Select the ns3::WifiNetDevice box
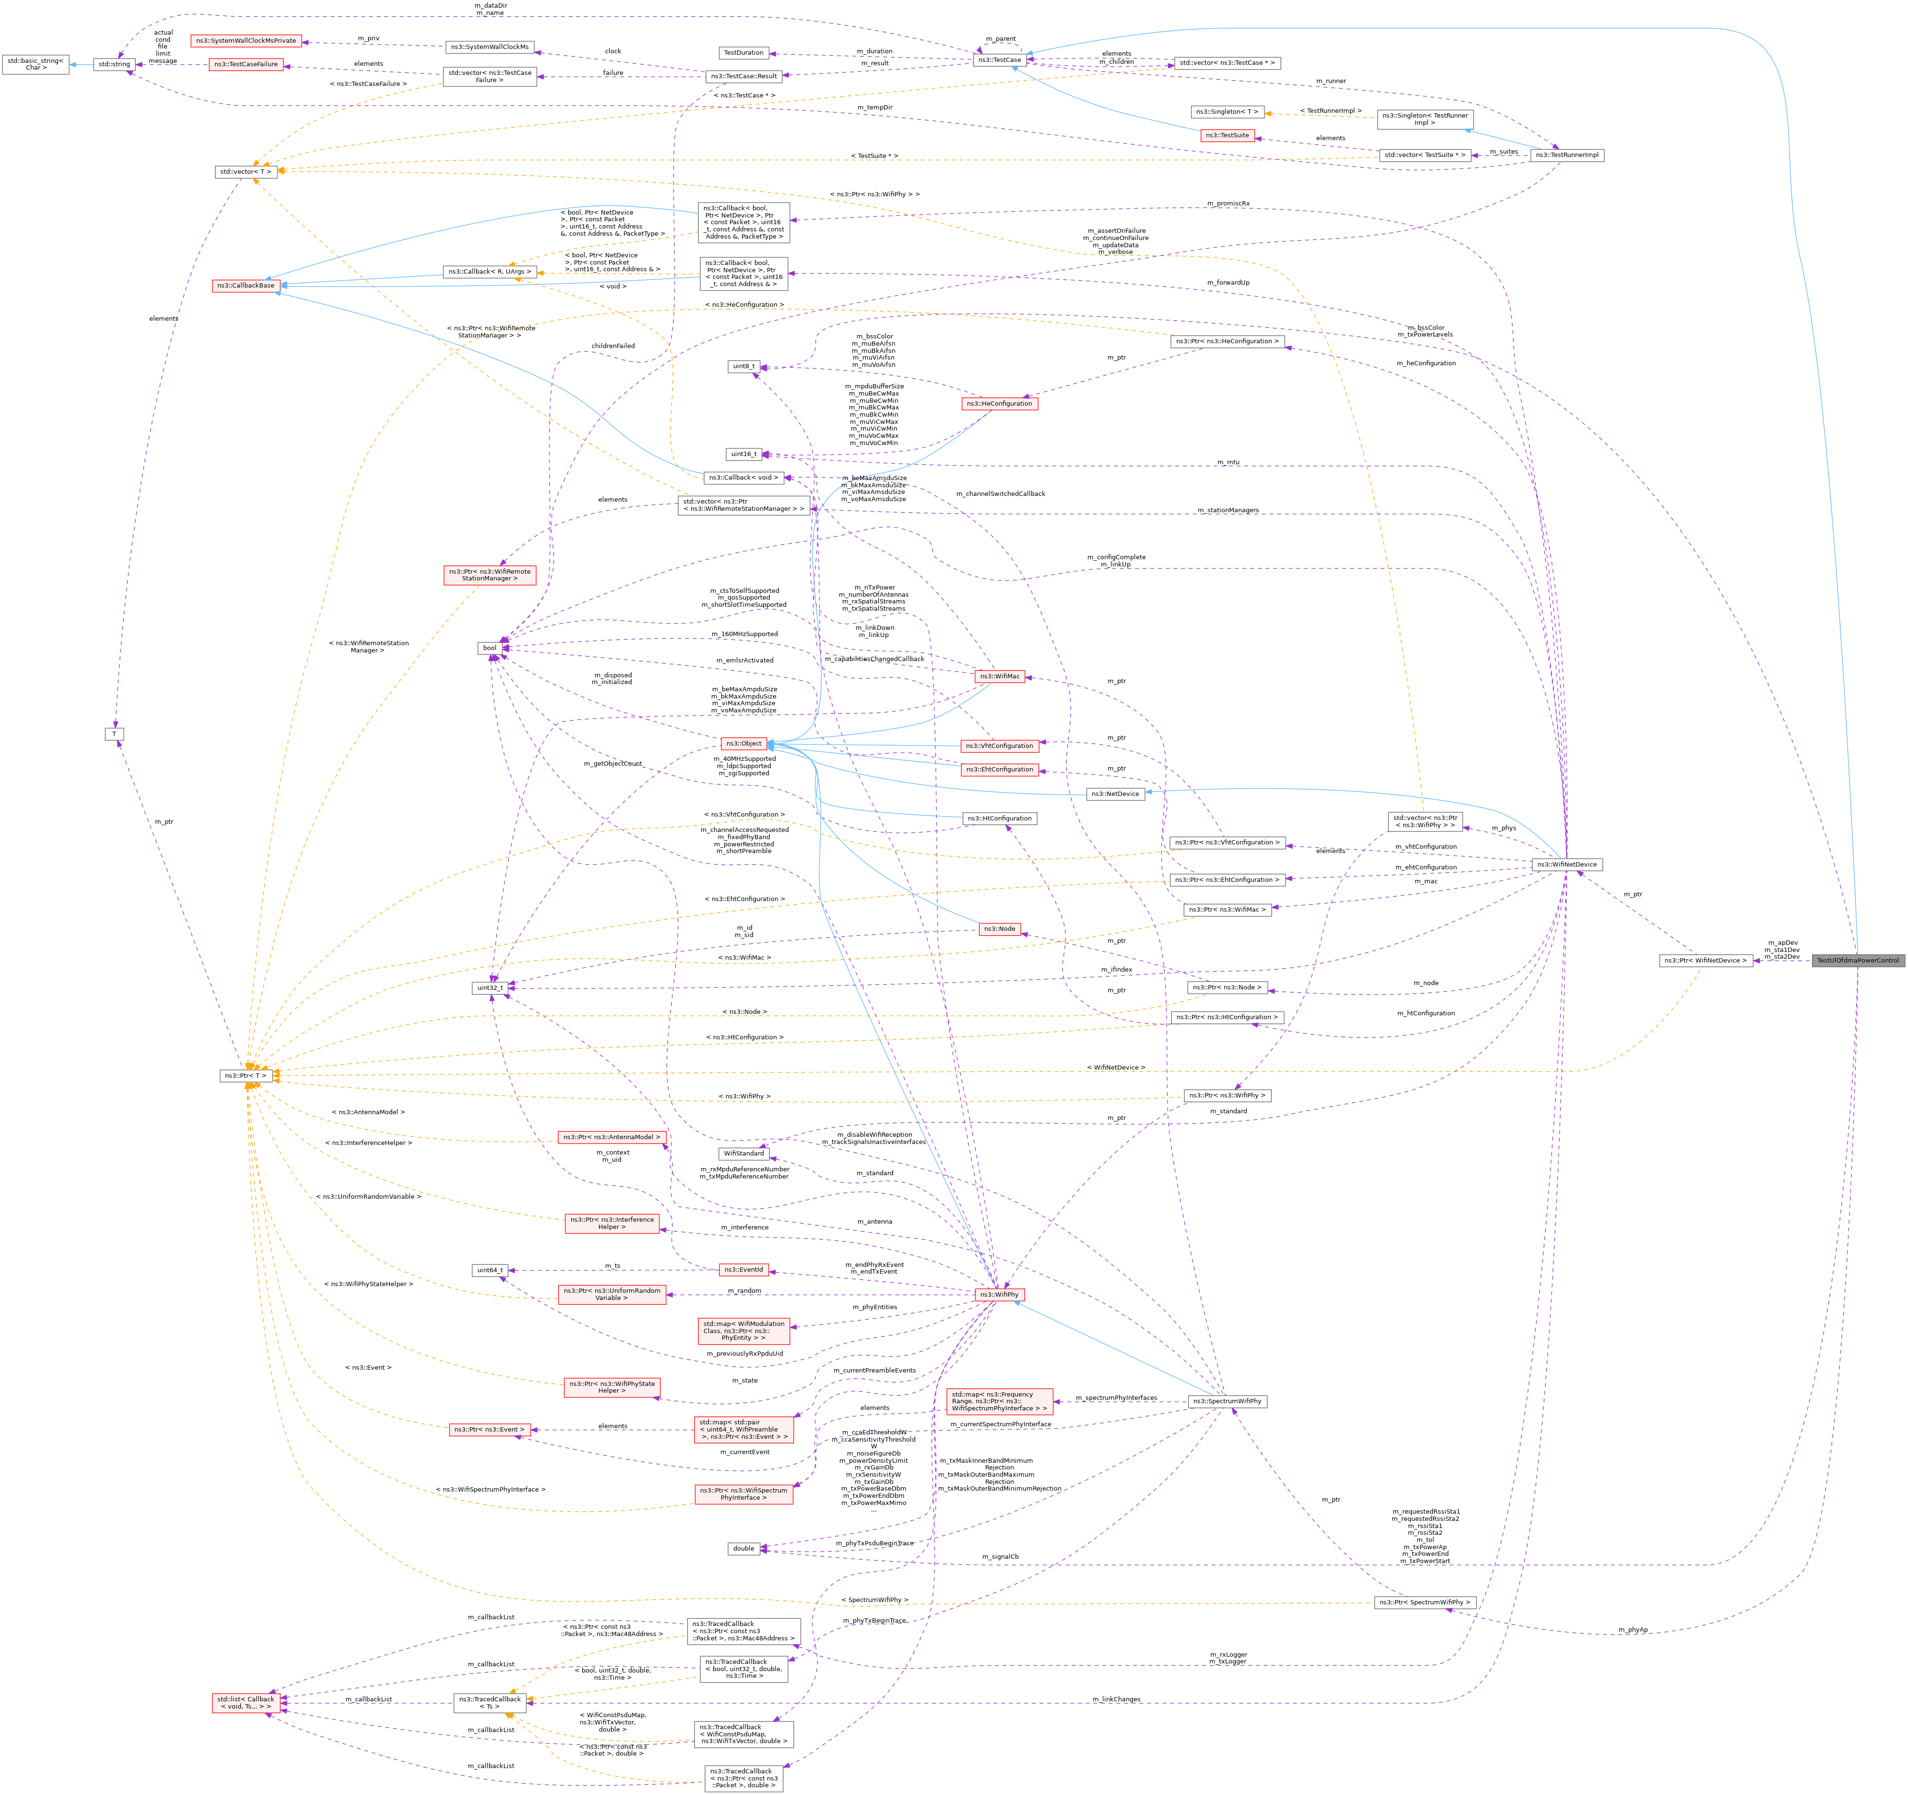(1566, 864)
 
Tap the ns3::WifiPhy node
(999, 1294)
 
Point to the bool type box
(489, 648)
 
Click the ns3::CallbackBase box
(246, 285)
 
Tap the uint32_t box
(489, 987)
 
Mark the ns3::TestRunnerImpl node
(1566, 155)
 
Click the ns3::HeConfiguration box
(999, 403)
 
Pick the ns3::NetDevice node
(1115, 793)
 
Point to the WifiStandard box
(744, 1153)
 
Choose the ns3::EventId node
(744, 1269)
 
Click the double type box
(744, 1547)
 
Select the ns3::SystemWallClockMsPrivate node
(246, 40)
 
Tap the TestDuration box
(744, 53)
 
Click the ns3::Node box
(999, 928)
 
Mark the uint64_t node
(489, 1270)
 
